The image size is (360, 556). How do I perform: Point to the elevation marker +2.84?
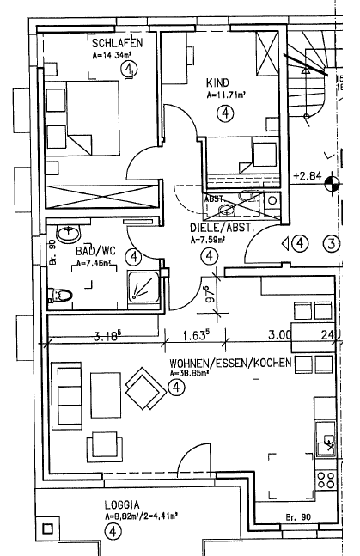point(307,177)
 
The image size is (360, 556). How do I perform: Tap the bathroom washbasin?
point(67,234)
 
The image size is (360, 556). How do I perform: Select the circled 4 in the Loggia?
point(114,531)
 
